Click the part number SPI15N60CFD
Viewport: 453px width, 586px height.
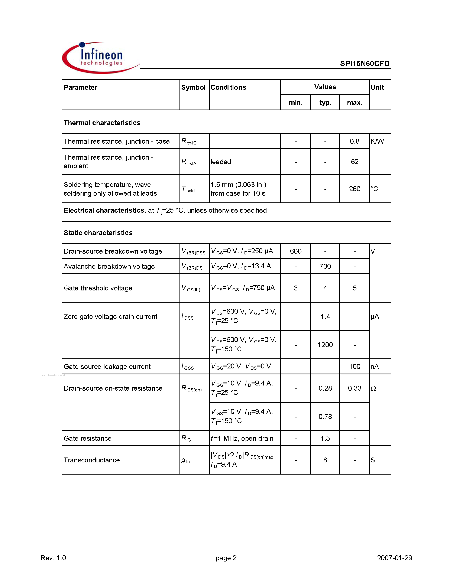(x=365, y=63)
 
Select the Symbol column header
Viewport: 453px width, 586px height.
(x=193, y=87)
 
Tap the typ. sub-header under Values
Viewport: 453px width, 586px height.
(x=325, y=102)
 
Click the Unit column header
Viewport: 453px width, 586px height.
(x=377, y=87)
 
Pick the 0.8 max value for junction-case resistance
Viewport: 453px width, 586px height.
(x=354, y=141)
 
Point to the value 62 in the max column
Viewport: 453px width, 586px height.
(x=354, y=162)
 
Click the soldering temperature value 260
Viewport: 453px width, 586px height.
(x=354, y=189)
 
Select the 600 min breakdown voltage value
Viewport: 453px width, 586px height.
(x=295, y=251)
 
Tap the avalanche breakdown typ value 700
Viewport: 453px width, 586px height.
(x=325, y=266)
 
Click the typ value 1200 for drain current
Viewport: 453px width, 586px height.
(x=325, y=345)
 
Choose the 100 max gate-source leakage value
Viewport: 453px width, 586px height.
(x=354, y=367)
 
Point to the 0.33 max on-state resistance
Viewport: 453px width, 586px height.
(x=354, y=388)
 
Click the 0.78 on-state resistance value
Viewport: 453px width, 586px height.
(x=325, y=417)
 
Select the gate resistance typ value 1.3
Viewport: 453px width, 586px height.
(x=325, y=438)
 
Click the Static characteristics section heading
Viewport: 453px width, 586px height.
(x=98, y=233)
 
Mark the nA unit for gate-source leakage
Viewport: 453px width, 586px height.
(x=375, y=367)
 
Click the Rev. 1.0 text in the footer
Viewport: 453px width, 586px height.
(x=53, y=558)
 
